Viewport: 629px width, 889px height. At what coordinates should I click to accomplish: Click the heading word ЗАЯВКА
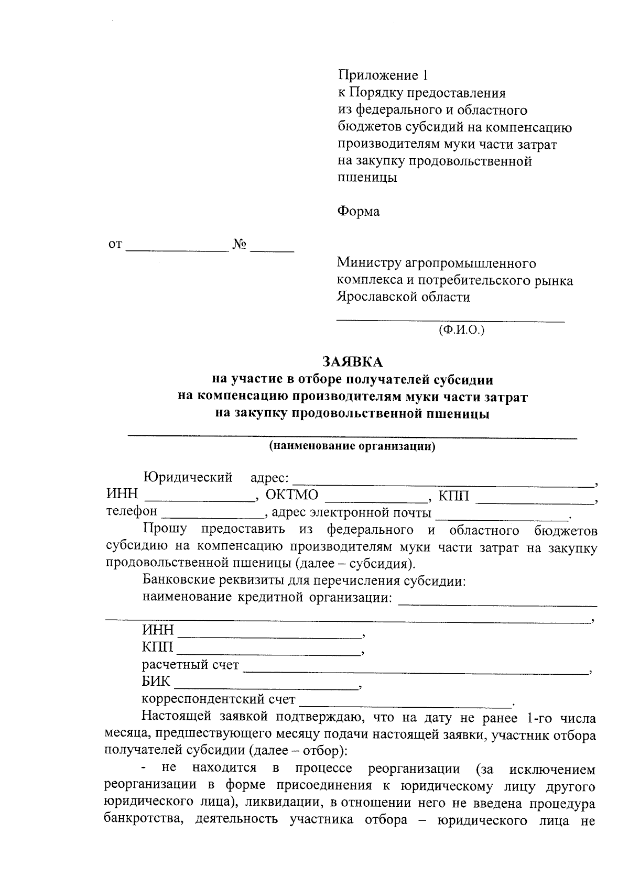(x=352, y=362)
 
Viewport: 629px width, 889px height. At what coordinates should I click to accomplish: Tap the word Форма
(x=358, y=212)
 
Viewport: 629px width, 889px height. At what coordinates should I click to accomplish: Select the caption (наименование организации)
(x=352, y=447)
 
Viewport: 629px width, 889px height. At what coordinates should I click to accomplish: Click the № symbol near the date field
(x=240, y=244)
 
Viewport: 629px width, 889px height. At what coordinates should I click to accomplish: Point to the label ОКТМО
(x=292, y=495)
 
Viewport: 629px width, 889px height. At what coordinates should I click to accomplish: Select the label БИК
(x=156, y=682)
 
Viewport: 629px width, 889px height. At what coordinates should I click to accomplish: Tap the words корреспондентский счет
(x=219, y=699)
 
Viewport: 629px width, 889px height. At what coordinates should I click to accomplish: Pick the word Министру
(x=365, y=263)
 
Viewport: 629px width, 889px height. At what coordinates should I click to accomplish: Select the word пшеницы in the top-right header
(x=366, y=178)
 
